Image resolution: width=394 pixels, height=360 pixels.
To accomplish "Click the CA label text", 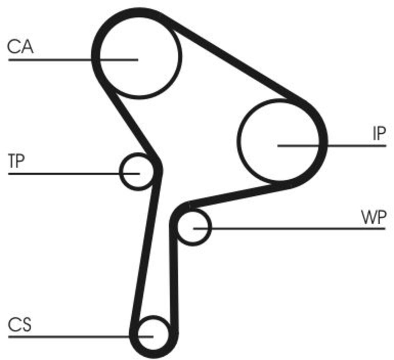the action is [x=20, y=47].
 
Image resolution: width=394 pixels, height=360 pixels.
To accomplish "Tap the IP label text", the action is [x=379, y=133].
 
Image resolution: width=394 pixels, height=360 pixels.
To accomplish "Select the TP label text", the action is [x=17, y=161].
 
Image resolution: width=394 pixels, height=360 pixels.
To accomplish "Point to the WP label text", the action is [x=373, y=217].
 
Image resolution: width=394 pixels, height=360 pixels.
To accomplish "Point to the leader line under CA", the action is [x=73, y=60].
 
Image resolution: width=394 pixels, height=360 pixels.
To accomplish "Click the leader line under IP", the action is [x=332, y=146].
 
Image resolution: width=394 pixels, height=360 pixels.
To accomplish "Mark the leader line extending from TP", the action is [x=74, y=174].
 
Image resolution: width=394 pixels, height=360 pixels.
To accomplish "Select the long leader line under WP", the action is [x=289, y=228].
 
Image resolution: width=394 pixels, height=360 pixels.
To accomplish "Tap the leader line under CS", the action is [x=81, y=336].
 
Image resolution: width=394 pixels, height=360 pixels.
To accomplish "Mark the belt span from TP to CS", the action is [x=146, y=251].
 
